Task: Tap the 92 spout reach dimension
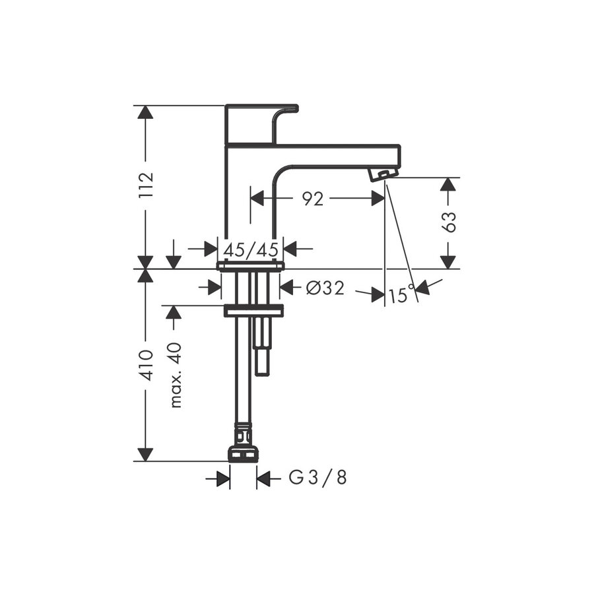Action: [x=313, y=199]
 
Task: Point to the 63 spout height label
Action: [x=449, y=222]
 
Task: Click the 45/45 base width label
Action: [x=251, y=249]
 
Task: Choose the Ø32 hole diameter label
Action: [x=325, y=288]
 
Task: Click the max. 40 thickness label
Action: [x=176, y=375]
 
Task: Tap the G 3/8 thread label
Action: [x=318, y=478]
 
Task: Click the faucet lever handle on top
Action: [x=261, y=124]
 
